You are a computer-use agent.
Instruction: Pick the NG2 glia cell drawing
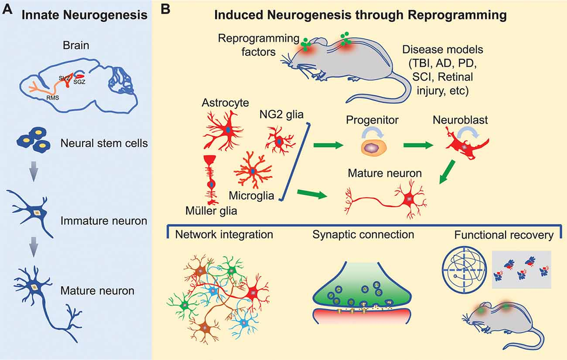point(280,140)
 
